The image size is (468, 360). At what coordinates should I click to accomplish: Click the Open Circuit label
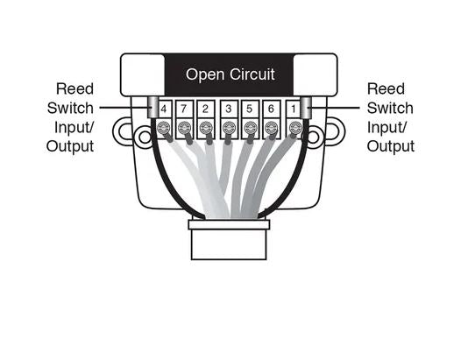pyautogui.click(x=230, y=74)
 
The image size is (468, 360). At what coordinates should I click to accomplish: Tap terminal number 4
pyautogui.click(x=164, y=109)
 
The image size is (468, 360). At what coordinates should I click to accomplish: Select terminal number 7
pyautogui.click(x=184, y=109)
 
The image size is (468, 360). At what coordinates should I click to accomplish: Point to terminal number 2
pyautogui.click(x=205, y=109)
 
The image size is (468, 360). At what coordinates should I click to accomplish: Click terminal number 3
pyautogui.click(x=229, y=109)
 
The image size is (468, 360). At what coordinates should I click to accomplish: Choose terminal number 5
pyautogui.click(x=250, y=109)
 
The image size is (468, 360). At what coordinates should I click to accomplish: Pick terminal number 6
pyautogui.click(x=271, y=109)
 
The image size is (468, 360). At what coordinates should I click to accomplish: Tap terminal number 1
pyautogui.click(x=294, y=109)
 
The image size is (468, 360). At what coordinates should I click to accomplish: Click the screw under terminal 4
pyautogui.click(x=164, y=129)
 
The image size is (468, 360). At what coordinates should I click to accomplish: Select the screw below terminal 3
pyautogui.click(x=229, y=129)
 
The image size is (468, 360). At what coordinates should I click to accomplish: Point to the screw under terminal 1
pyautogui.click(x=295, y=129)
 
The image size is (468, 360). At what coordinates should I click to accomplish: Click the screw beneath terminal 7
pyautogui.click(x=184, y=129)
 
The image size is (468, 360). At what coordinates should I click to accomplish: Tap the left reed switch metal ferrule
pyautogui.click(x=153, y=108)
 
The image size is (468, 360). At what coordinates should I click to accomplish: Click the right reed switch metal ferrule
pyautogui.click(x=306, y=108)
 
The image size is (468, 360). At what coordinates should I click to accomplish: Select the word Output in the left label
pyautogui.click(x=70, y=146)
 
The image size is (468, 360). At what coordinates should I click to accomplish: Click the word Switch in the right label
pyautogui.click(x=390, y=108)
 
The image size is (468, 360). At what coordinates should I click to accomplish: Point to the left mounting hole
pyautogui.click(x=145, y=138)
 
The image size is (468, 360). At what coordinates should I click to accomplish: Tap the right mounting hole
pyautogui.click(x=313, y=138)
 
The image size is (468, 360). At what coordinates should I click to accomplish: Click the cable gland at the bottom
pyautogui.click(x=229, y=240)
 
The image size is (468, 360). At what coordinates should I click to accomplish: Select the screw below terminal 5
pyautogui.click(x=250, y=129)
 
